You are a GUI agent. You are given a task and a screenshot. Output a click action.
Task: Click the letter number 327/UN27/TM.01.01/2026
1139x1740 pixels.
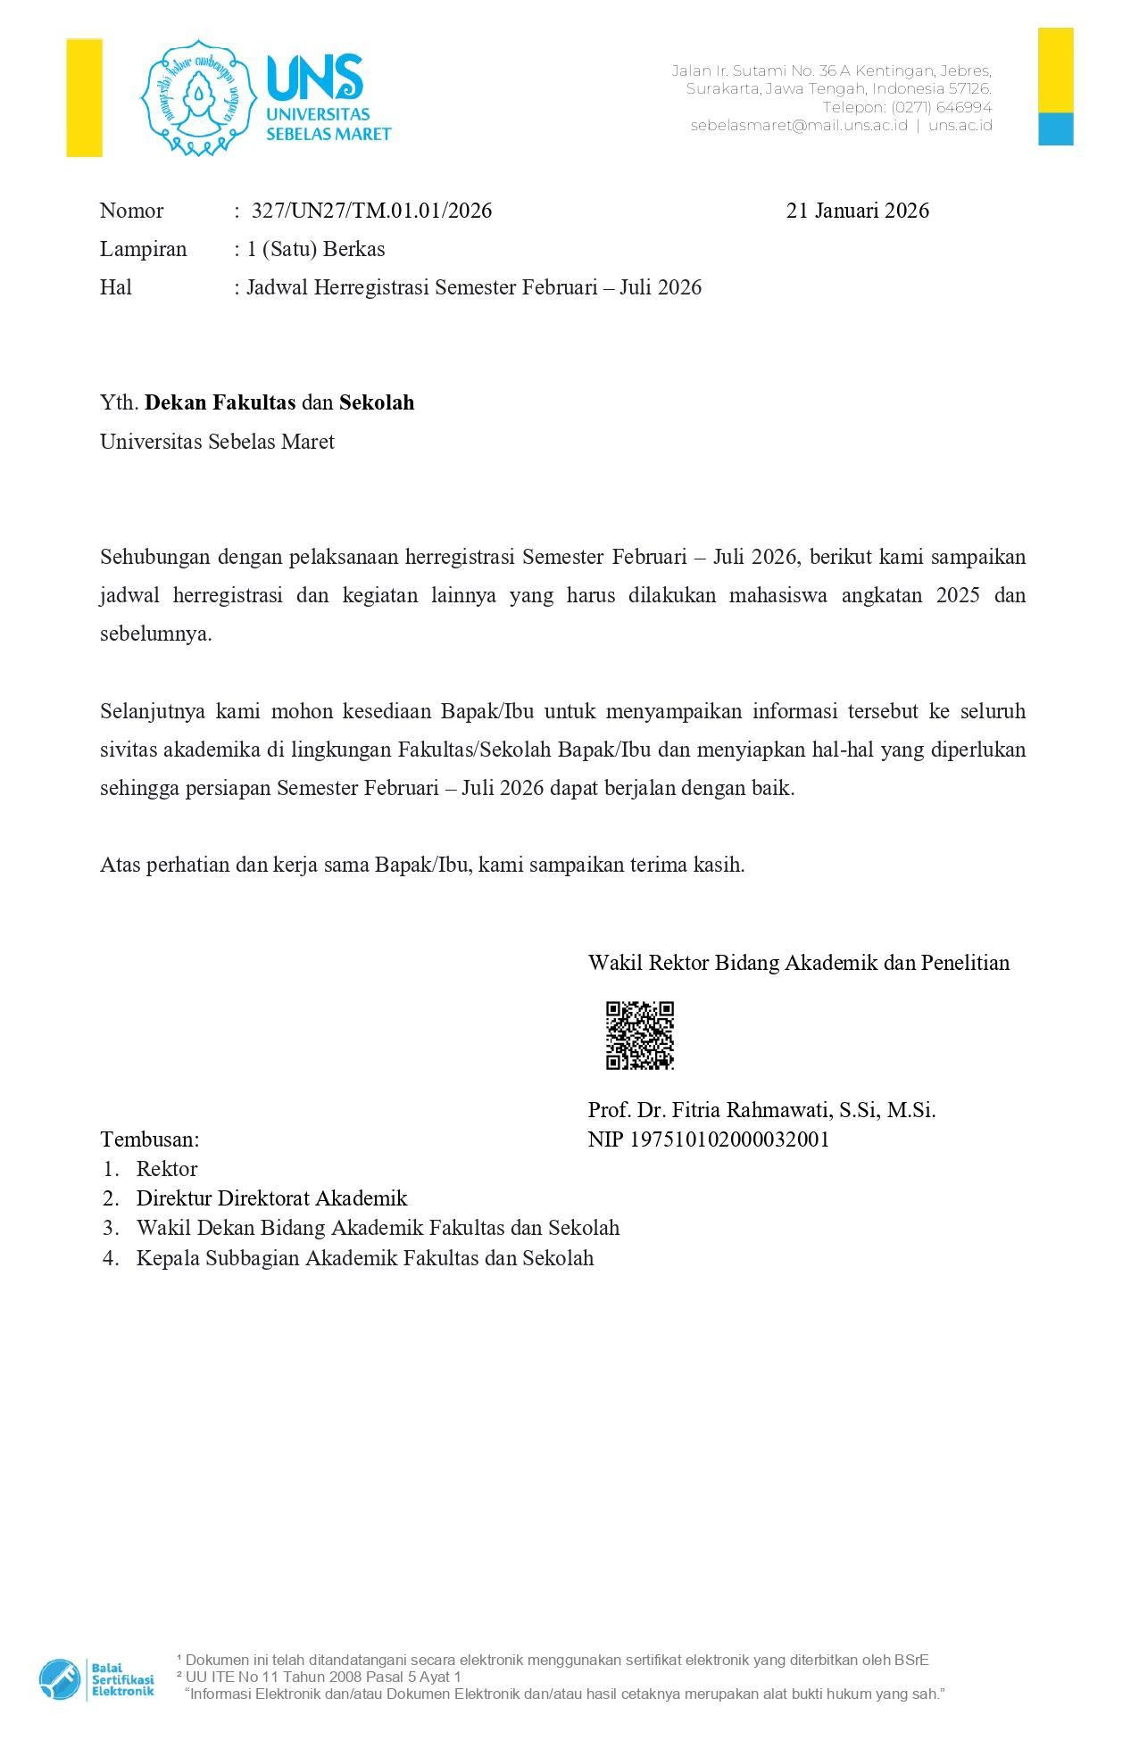point(371,211)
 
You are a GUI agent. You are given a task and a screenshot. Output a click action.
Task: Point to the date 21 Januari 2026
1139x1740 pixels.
point(857,211)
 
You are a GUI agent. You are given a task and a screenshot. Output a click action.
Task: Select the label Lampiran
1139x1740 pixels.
point(143,249)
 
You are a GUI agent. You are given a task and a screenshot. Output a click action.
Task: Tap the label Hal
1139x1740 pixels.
point(116,287)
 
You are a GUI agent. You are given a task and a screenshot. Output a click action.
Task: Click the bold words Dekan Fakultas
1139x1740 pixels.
point(220,402)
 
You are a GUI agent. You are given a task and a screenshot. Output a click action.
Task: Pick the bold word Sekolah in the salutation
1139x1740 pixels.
point(377,402)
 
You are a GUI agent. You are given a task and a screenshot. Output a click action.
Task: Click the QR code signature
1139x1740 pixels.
point(639,1035)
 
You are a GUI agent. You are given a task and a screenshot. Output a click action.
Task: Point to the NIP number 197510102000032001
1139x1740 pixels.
point(730,1139)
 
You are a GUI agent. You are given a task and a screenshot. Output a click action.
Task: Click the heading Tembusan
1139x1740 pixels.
point(150,1139)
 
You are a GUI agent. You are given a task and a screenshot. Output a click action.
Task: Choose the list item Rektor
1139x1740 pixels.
point(167,1169)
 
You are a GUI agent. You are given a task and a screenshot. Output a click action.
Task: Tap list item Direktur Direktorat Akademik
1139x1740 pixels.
point(271,1198)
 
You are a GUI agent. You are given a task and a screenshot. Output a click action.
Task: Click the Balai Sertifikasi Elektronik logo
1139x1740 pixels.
point(96,1678)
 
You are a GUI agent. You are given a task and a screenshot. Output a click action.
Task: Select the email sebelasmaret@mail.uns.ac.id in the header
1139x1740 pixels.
point(799,126)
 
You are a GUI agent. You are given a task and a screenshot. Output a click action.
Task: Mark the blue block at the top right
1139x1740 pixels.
point(1055,128)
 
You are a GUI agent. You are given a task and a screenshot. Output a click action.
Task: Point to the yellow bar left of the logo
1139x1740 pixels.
point(84,98)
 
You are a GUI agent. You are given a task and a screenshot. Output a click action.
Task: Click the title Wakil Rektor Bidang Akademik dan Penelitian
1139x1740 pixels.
point(798,963)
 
